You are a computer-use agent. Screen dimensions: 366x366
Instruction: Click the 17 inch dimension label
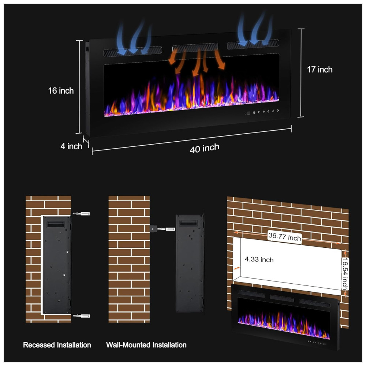click(x=320, y=70)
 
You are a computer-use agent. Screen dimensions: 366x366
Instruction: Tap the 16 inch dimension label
click(x=61, y=91)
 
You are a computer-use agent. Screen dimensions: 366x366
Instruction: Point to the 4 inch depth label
click(x=71, y=146)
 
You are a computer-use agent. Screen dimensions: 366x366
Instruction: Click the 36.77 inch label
click(x=284, y=237)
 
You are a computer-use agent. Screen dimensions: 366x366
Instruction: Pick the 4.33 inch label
click(x=259, y=260)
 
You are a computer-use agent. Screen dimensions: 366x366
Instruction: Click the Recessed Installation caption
click(x=57, y=345)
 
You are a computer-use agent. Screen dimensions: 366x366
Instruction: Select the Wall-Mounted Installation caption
click(x=146, y=345)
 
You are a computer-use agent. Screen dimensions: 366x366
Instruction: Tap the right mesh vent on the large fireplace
click(x=253, y=44)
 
